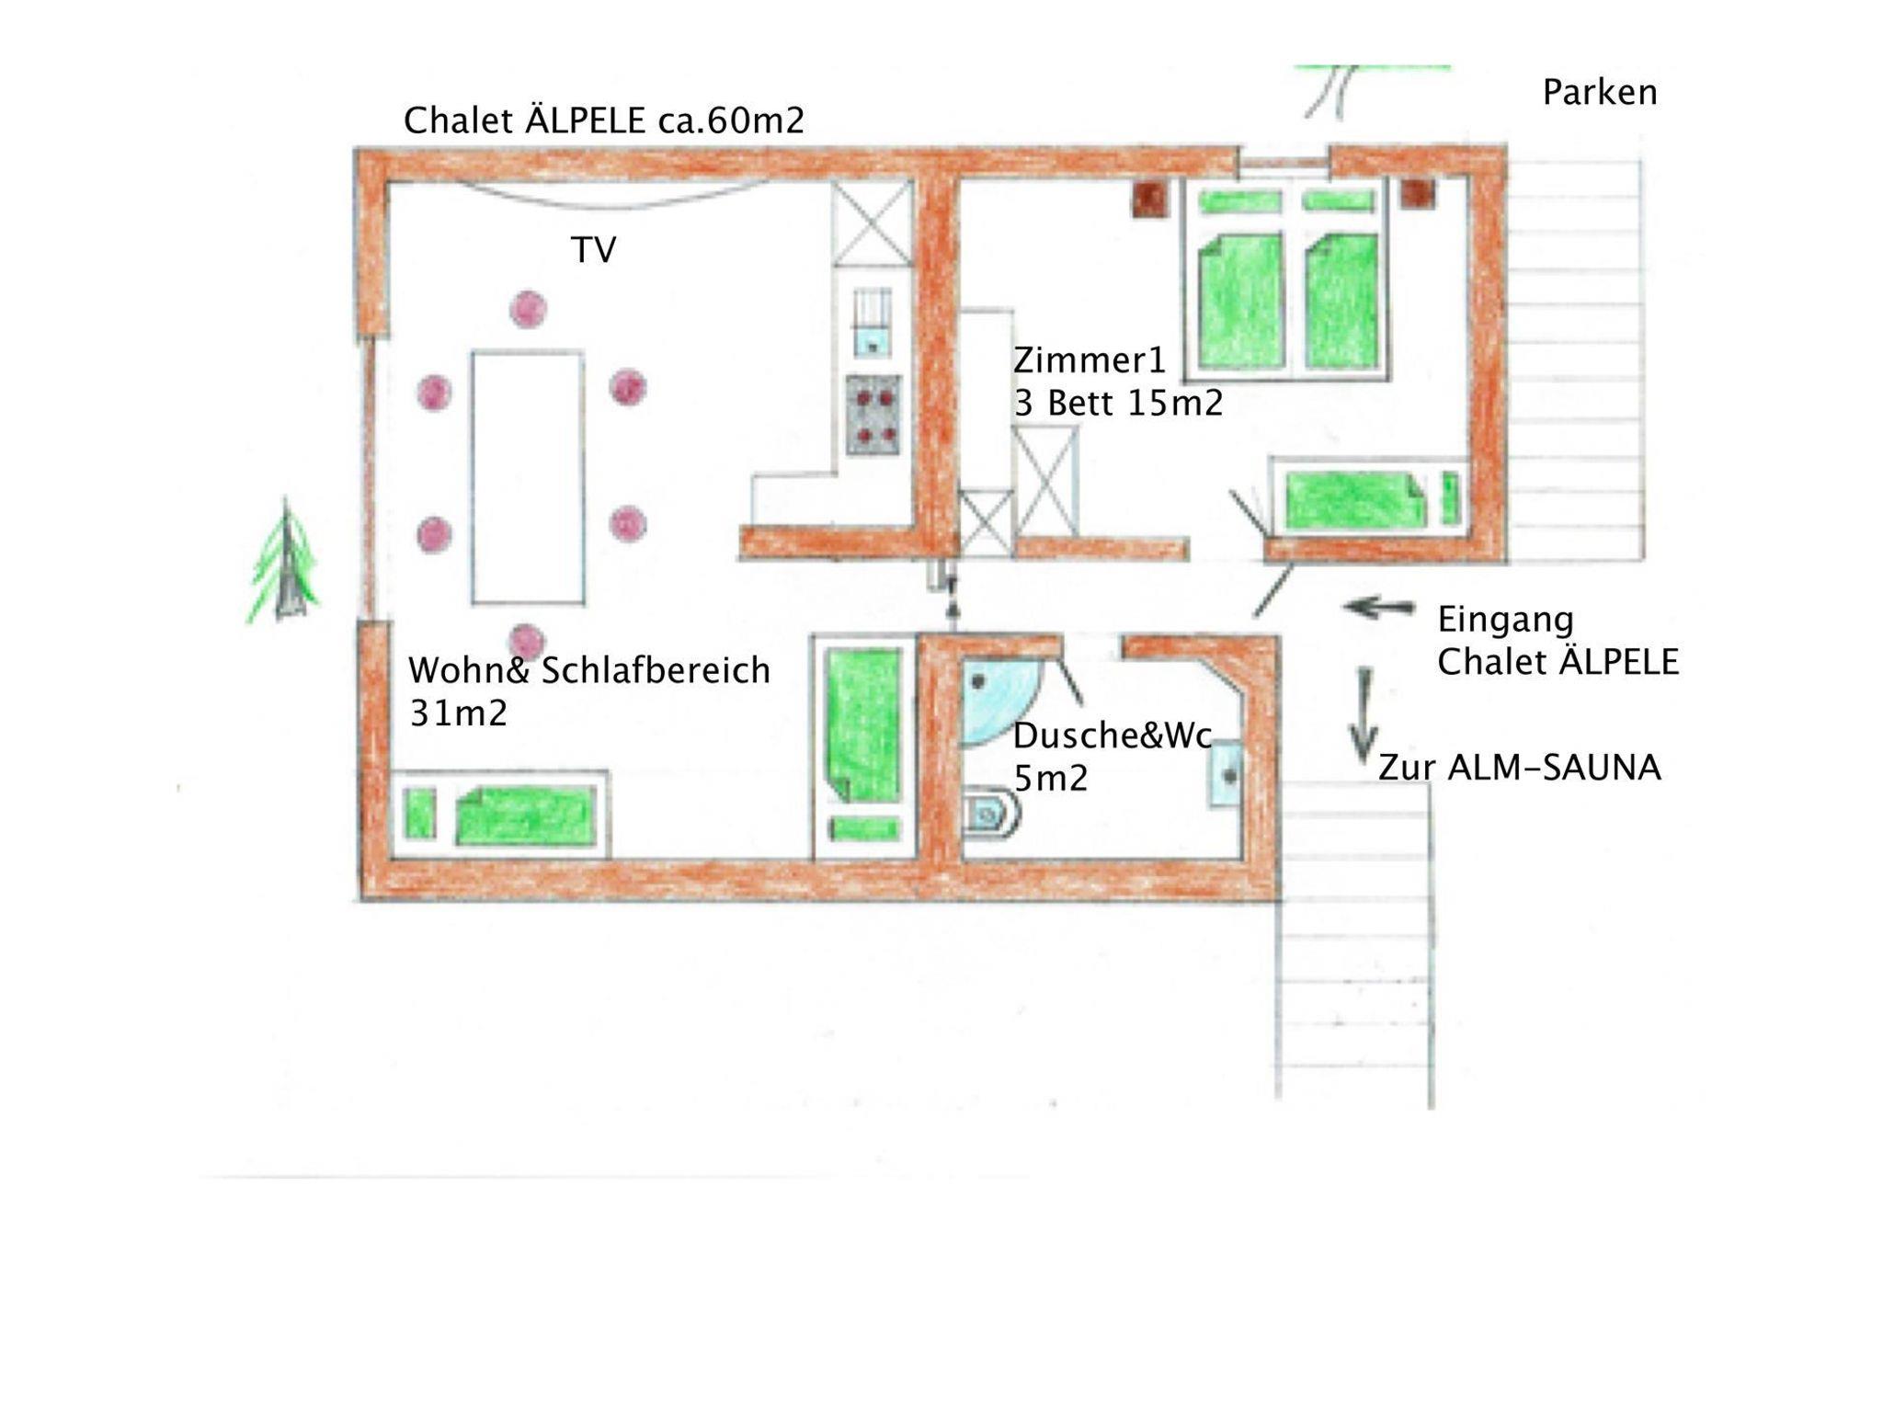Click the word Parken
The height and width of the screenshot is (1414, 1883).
tap(1600, 93)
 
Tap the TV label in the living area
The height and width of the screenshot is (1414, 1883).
tap(594, 250)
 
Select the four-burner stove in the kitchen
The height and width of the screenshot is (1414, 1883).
tap(873, 416)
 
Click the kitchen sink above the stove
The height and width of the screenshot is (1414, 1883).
tap(872, 322)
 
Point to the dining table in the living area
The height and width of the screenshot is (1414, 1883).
tap(529, 477)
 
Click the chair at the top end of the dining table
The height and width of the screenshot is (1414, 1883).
tap(529, 310)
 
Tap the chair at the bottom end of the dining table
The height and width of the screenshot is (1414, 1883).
tap(526, 641)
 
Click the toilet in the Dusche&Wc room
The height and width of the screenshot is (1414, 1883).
tap(991, 814)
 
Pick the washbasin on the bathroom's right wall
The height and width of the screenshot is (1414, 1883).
tap(1227, 775)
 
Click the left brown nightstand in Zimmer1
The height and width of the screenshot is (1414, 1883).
tap(1149, 199)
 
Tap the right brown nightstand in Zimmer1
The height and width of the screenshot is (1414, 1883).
tap(1417, 194)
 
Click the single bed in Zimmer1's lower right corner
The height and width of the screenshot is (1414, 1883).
tap(1367, 496)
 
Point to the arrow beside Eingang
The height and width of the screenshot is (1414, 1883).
tap(1379, 608)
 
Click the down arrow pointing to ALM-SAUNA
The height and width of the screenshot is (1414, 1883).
tap(1364, 715)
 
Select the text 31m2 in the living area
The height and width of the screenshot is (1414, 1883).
tap(459, 713)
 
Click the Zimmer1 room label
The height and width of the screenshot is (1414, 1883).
tap(1090, 360)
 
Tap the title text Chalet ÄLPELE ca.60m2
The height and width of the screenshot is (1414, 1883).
tap(604, 120)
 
